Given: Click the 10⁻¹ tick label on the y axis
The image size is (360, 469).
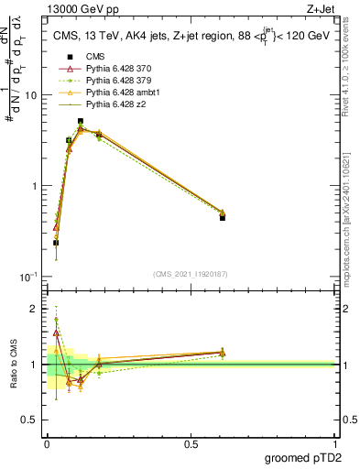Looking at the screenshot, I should (x=27, y=276).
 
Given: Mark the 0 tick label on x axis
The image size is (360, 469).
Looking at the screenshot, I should (x=46, y=443).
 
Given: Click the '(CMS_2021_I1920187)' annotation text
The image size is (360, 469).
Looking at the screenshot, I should (x=189, y=273).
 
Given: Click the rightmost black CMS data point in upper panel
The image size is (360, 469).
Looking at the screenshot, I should (x=223, y=218).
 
